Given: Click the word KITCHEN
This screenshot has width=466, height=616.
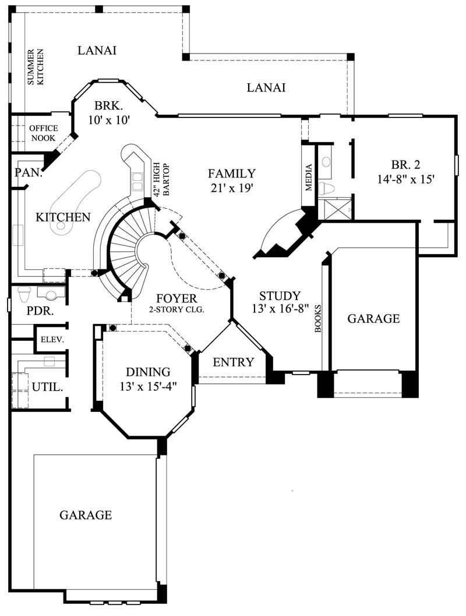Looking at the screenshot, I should coord(63,217).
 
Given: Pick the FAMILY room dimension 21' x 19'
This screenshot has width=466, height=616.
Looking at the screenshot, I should coord(231,188).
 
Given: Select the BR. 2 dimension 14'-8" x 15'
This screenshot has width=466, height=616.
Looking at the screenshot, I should coord(405,180).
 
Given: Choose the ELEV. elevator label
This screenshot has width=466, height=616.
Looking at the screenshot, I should coord(52,340).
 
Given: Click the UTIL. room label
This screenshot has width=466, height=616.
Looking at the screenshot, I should coord(47,386).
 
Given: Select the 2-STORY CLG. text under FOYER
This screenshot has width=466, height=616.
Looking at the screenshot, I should coord(176,310).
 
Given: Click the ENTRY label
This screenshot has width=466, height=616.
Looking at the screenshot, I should coord(233,362).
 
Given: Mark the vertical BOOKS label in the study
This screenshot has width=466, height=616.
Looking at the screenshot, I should coord(318,318).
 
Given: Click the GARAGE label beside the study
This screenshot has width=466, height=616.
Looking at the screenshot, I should coord(373,318).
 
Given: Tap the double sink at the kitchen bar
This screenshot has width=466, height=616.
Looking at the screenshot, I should coord(138,181).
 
